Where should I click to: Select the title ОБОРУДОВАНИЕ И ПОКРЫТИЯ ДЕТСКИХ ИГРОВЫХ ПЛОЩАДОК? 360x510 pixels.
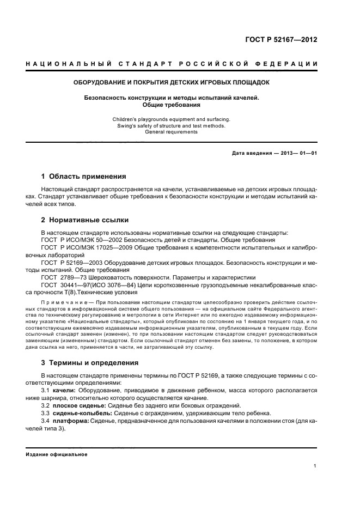(172, 83)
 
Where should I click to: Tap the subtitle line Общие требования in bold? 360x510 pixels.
(172, 105)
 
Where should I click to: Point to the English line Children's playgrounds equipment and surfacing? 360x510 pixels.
(172, 119)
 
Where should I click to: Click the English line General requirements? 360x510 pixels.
(172, 132)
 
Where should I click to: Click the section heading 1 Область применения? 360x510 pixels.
(84, 176)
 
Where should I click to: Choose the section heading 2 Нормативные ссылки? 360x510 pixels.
(85, 220)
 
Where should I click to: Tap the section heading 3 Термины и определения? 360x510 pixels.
(90, 362)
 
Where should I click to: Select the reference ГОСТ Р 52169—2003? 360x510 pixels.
(72, 262)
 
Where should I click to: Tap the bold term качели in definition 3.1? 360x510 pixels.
(65, 390)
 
